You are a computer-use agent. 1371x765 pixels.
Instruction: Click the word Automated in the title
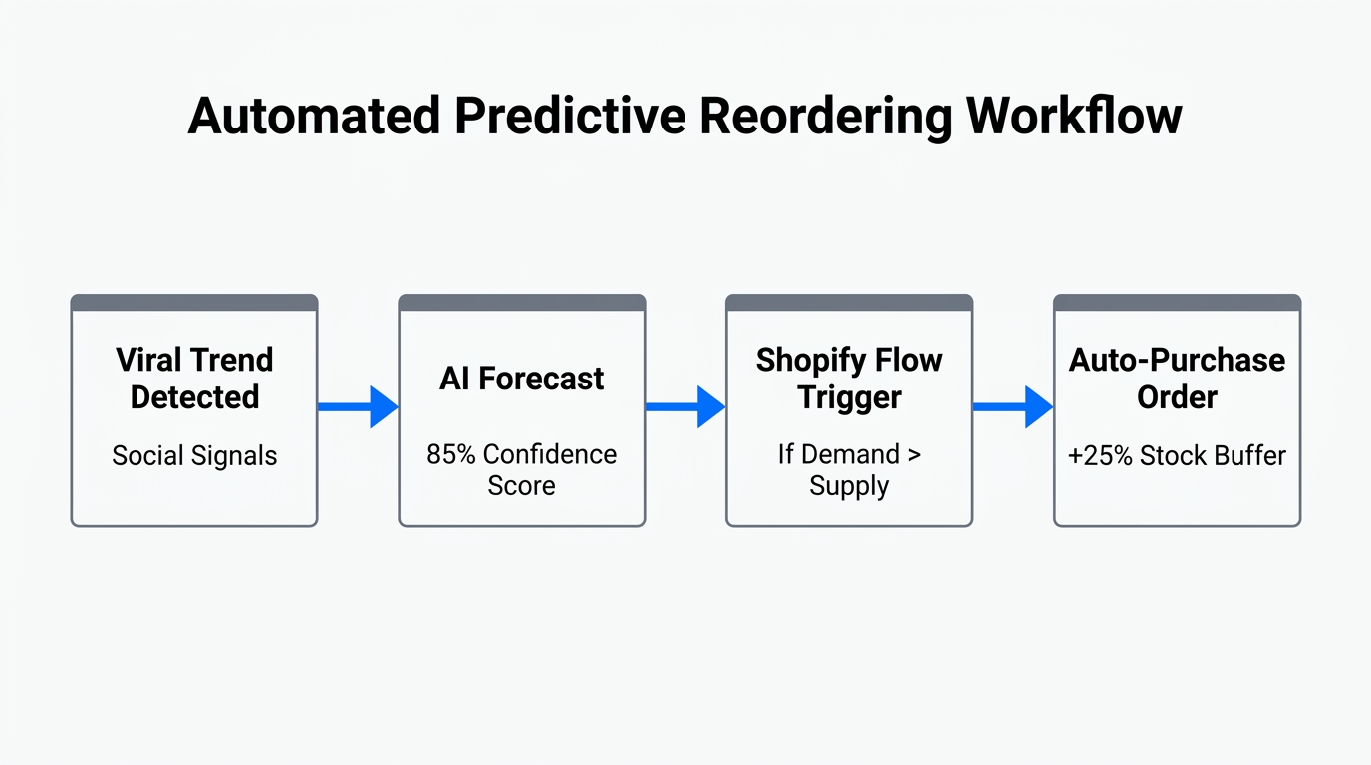[313, 117]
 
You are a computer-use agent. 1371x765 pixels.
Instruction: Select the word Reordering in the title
[825, 117]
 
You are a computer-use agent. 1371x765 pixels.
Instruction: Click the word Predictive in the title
[569, 117]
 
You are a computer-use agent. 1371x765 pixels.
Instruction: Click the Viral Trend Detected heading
[194, 379]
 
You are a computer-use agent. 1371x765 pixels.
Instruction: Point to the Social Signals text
[194, 456]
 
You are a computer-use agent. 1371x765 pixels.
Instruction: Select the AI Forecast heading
[522, 379]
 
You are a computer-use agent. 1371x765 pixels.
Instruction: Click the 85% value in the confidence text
[451, 455]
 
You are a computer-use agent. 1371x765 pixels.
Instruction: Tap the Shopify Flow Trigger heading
[849, 379]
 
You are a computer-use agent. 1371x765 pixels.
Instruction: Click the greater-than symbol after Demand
[914, 455]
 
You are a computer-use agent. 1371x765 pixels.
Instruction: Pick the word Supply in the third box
[849, 486]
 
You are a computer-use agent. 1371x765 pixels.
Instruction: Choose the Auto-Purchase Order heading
[1177, 379]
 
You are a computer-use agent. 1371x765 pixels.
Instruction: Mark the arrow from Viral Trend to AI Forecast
[358, 406]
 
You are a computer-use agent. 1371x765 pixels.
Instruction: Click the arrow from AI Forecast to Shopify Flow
[685, 406]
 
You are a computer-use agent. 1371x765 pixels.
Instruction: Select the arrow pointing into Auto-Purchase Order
[1013, 406]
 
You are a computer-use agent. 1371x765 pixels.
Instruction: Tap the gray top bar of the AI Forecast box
[522, 303]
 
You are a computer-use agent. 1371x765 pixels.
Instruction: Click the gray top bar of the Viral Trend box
[194, 303]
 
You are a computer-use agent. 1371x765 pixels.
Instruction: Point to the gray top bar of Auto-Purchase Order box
[1177, 303]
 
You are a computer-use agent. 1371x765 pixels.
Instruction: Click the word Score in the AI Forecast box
[522, 486]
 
